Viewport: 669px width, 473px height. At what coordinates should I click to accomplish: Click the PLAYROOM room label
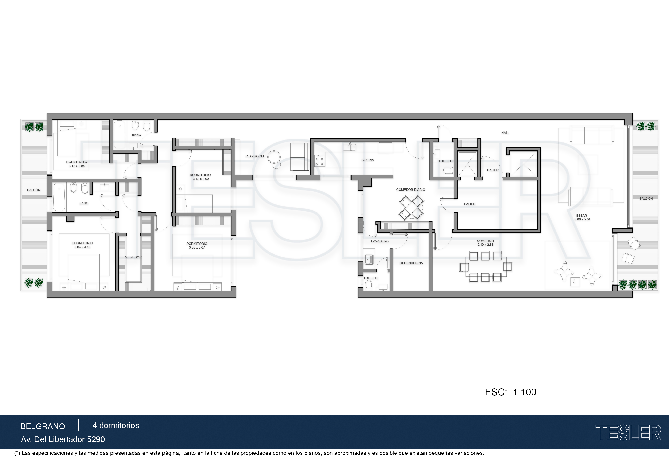click(x=254, y=156)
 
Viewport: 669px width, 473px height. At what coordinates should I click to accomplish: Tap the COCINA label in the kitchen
click(x=367, y=160)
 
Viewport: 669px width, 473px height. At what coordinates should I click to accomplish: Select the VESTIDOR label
click(x=133, y=257)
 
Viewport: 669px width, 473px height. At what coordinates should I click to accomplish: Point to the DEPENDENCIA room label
click(x=411, y=263)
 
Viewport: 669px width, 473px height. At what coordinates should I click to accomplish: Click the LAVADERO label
click(x=380, y=241)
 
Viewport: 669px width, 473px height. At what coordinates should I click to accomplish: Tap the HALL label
click(x=505, y=133)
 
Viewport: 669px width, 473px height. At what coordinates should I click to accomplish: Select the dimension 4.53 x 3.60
click(x=82, y=247)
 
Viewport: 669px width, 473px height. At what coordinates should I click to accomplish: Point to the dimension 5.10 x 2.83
click(x=485, y=245)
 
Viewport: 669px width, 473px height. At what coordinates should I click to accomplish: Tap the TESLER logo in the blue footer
click(x=628, y=433)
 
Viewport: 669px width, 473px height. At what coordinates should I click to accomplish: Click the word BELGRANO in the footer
click(x=43, y=426)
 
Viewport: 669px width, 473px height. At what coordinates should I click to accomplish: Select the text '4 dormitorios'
click(x=116, y=426)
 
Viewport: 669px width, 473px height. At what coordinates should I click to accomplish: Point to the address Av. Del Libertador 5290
click(x=63, y=439)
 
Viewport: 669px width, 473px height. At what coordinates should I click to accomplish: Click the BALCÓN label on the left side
click(x=34, y=190)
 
